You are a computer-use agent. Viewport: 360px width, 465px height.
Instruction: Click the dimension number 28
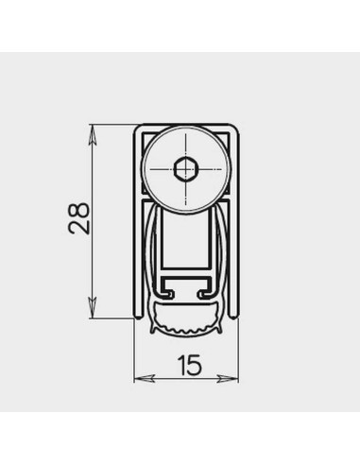pos(79,218)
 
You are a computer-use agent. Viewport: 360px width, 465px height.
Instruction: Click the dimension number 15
pos(186,363)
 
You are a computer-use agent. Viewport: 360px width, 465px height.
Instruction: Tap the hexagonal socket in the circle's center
pos(186,170)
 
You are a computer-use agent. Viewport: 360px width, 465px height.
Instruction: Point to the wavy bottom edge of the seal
pos(186,335)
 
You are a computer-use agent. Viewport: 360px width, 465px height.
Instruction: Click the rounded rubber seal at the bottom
pos(186,319)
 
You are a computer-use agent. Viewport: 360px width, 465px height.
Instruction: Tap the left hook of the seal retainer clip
pos(163,290)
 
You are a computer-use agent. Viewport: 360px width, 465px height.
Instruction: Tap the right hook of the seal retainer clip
pos(208,290)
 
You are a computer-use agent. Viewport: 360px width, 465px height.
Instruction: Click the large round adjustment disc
pos(186,170)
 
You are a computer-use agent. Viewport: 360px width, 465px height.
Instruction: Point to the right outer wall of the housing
pos(236,227)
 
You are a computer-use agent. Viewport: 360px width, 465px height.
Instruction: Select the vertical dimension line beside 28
pos(92,265)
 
